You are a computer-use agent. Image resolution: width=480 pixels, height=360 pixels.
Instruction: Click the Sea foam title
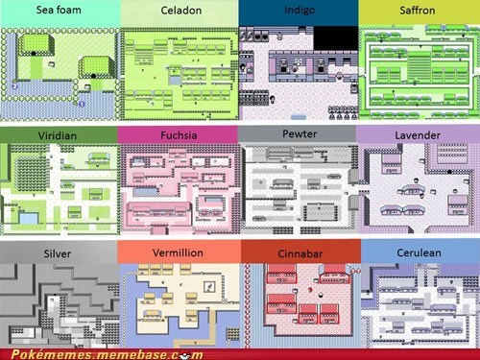pos(59,10)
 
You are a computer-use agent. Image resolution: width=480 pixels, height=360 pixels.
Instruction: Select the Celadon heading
pos(181,11)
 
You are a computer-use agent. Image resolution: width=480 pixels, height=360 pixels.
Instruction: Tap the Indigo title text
pos(300,11)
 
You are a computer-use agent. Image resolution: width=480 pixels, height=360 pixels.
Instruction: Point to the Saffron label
pos(418,11)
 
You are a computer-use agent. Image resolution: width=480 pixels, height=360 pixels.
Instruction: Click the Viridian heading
pos(58,135)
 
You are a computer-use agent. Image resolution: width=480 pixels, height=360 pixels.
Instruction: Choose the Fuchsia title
pos(179,135)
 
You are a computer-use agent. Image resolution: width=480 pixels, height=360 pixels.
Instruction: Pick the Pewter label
pos(300,133)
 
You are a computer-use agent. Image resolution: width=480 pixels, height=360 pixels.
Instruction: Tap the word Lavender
pos(418,135)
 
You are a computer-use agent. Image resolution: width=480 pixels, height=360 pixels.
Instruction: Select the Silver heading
pos(58,253)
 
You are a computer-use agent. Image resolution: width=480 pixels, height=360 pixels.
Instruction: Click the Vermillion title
pos(178,252)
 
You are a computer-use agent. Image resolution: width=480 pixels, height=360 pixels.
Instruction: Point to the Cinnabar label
pos(300,253)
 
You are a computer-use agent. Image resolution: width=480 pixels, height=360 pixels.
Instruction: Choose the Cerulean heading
pos(419,252)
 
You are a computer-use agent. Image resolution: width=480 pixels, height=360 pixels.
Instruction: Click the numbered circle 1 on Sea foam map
pos(82,104)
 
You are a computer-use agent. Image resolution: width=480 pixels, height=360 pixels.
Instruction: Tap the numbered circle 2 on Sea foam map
pos(14,86)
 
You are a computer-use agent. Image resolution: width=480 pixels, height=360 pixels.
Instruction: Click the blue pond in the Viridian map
pos(29,218)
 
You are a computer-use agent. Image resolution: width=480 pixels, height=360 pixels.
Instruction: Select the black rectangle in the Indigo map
pos(336,38)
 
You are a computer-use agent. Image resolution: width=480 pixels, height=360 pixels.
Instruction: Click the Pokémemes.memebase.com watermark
pos(108,354)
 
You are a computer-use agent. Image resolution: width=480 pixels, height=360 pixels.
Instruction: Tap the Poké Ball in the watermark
pos(185,355)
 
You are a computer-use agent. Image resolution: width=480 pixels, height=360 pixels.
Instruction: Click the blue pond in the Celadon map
pos(175,80)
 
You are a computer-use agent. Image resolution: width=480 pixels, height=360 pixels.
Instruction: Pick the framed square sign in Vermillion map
pos(210,287)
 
